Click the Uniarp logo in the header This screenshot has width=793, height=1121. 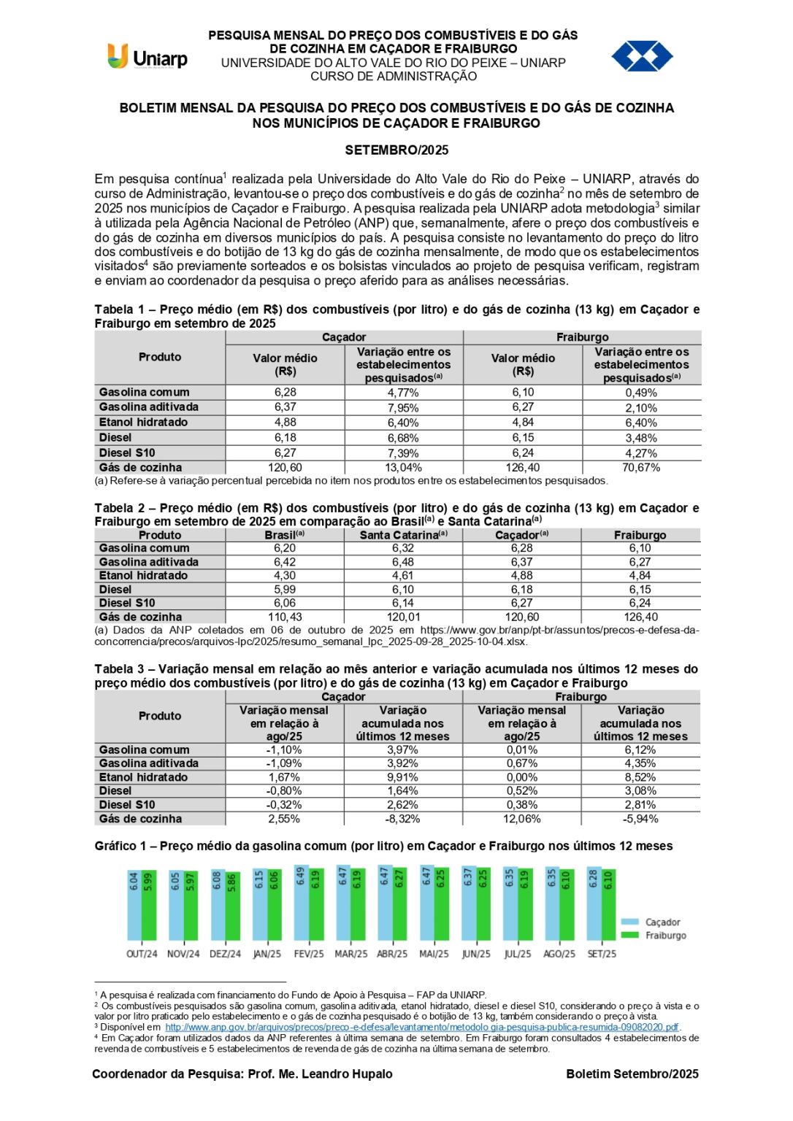click(148, 57)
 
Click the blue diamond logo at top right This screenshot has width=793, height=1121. click(642, 56)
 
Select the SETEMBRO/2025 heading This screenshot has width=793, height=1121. click(396, 150)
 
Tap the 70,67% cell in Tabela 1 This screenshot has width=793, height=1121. click(640, 468)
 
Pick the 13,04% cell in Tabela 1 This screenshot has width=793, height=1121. click(403, 468)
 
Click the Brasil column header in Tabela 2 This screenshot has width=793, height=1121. click(284, 535)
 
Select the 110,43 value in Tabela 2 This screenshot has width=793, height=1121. click(285, 617)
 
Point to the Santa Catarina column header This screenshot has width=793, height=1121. click(403, 535)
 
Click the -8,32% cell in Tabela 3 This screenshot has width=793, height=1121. click(403, 819)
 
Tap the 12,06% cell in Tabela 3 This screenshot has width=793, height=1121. click(522, 819)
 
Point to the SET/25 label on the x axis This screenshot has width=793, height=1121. click(602, 954)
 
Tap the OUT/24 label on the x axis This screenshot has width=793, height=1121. click(142, 954)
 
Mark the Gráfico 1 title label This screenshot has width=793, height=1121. click(383, 846)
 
